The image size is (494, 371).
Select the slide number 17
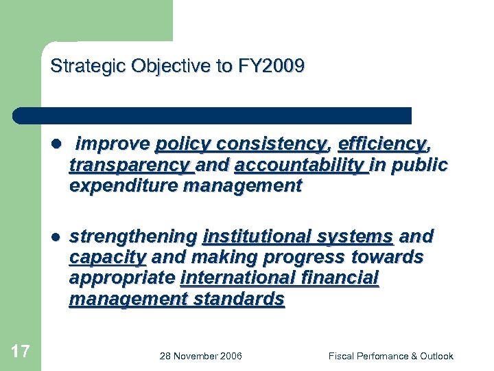click(x=21, y=352)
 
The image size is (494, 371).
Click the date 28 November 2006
click(x=200, y=356)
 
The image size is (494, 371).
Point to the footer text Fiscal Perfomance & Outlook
click(x=390, y=356)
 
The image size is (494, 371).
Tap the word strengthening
click(x=133, y=237)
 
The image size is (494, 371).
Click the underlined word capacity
click(x=107, y=258)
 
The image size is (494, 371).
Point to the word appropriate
click(x=121, y=278)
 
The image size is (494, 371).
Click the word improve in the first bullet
click(x=113, y=144)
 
